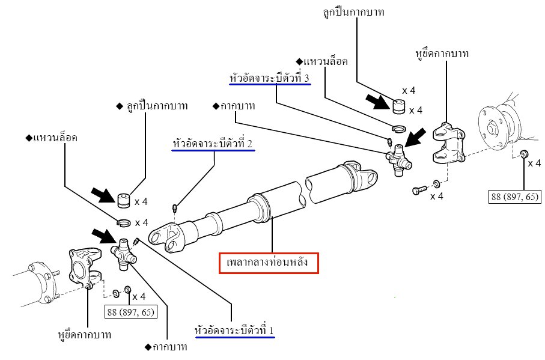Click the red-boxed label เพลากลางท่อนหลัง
point(269,263)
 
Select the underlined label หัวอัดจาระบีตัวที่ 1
point(235,330)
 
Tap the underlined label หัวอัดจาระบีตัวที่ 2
point(213,144)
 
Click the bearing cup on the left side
point(124,199)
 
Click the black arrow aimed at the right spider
point(417,137)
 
